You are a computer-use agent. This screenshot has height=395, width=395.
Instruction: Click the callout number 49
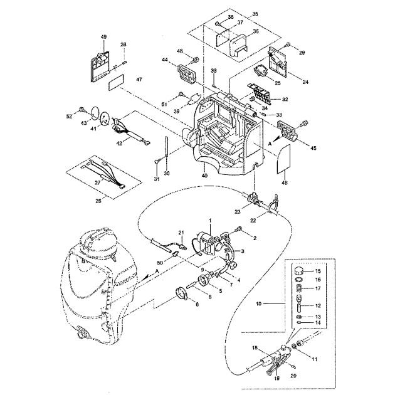click(x=104, y=37)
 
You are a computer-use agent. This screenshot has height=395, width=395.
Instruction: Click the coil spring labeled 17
click(x=300, y=290)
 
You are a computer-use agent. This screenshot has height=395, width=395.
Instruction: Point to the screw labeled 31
click(x=155, y=162)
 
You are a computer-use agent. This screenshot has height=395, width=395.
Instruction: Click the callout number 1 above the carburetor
click(x=211, y=221)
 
